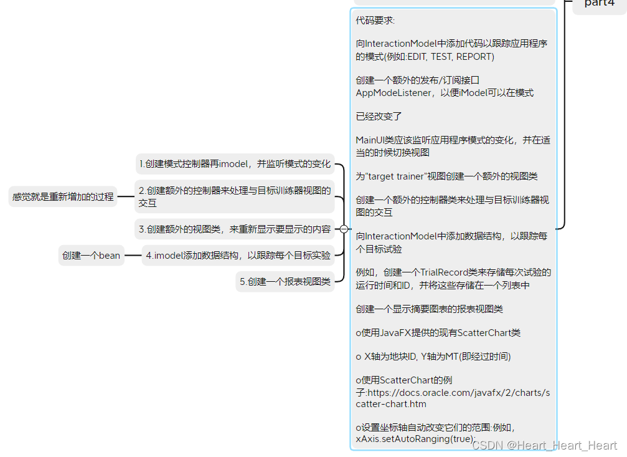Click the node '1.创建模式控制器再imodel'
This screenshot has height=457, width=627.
click(x=235, y=164)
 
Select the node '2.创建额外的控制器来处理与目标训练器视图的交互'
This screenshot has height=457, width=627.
click(x=235, y=196)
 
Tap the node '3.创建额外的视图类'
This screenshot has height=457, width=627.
click(x=235, y=229)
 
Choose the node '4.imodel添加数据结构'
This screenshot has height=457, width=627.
click(x=238, y=255)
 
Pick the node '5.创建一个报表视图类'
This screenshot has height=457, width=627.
click(x=285, y=282)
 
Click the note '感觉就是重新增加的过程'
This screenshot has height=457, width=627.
click(x=63, y=196)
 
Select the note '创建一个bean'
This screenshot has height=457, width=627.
click(x=92, y=255)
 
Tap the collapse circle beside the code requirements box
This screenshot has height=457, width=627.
click(x=344, y=229)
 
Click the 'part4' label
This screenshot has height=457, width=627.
click(x=599, y=4)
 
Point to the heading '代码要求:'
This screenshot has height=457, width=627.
click(x=375, y=21)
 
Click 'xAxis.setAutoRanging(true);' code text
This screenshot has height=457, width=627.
click(x=415, y=440)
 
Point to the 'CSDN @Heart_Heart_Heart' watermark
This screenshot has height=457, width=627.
click(x=544, y=445)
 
